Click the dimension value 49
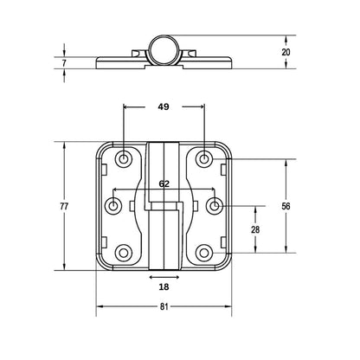pos(164,107)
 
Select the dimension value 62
pos(164,183)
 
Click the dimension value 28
pos(255,229)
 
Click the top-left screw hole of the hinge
pos(125,158)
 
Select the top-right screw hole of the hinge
pos(203,158)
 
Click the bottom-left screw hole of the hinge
pos(125,253)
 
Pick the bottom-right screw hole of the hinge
pos(203,253)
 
